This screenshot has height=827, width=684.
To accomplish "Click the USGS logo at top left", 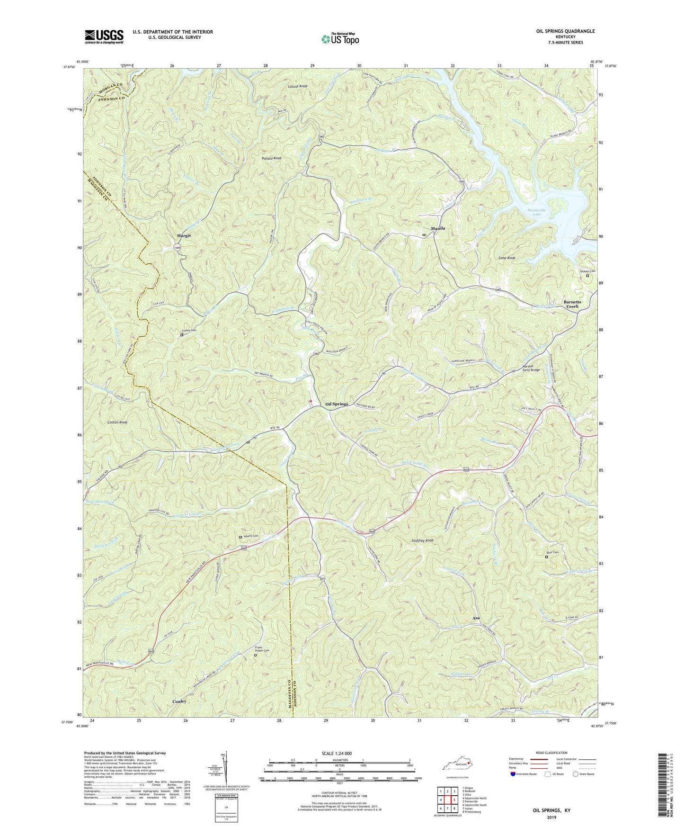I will [x=104, y=36].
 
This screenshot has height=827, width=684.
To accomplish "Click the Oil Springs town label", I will [x=337, y=404].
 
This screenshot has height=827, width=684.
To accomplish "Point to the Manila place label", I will [x=438, y=228].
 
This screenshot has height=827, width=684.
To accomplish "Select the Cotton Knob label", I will [x=117, y=422].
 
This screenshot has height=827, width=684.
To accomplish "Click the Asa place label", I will [x=476, y=619].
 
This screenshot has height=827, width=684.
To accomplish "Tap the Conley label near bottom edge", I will [x=179, y=701].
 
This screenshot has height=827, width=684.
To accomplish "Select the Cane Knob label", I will [x=506, y=258].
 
